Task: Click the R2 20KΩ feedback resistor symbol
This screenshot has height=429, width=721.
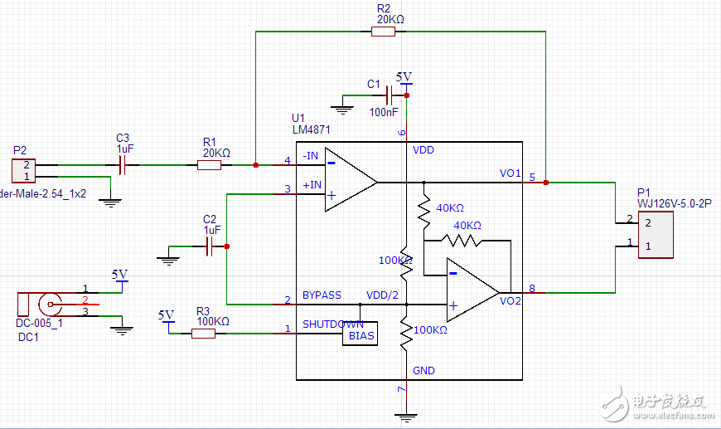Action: coord(383,32)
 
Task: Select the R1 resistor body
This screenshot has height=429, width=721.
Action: coord(210,165)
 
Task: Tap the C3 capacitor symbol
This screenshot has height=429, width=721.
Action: coord(123,166)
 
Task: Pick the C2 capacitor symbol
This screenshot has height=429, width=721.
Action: coord(210,246)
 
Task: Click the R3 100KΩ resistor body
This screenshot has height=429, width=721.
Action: coord(203,333)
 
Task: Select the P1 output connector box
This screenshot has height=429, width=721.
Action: coord(654,235)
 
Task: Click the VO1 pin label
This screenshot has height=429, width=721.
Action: coord(510,173)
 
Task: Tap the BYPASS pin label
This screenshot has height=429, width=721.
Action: coord(322,295)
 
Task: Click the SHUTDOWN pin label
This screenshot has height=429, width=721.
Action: coord(332,324)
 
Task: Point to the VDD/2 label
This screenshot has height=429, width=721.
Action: coord(383,295)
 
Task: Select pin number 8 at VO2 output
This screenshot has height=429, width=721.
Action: coord(532,288)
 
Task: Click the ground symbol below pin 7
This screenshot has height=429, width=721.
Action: coord(404,417)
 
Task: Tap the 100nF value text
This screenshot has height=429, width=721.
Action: coord(383,111)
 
